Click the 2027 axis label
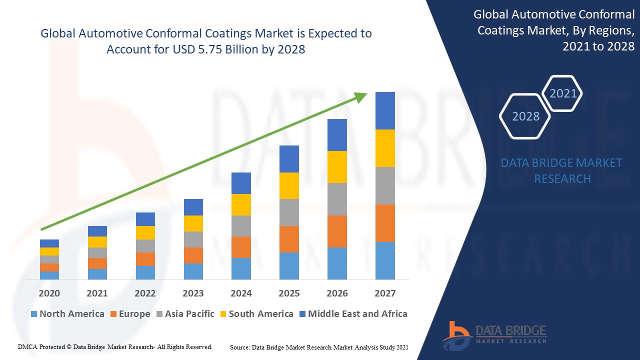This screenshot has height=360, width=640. pyautogui.click(x=385, y=293)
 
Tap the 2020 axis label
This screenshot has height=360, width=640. pyautogui.click(x=49, y=293)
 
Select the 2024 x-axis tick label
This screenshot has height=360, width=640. pyautogui.click(x=241, y=293)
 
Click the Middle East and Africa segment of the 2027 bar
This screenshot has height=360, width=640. pyautogui.click(x=385, y=110)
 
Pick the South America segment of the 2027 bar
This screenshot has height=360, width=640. pyautogui.click(x=385, y=148)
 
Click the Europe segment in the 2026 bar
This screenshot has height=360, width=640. pyautogui.click(x=337, y=231)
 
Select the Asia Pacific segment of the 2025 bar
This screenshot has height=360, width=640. pyautogui.click(x=289, y=212)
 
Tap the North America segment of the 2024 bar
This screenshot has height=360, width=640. pyautogui.click(x=241, y=268)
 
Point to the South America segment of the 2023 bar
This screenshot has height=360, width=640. pyautogui.click(x=193, y=223)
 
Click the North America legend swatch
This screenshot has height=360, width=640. pyautogui.click(x=34, y=314)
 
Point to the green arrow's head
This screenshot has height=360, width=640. pyautogui.click(x=361, y=96)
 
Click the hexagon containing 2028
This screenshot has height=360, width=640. pyautogui.click(x=525, y=116)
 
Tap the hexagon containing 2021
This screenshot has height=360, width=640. pyautogui.click(x=563, y=93)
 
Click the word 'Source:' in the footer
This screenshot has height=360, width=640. pyautogui.click(x=240, y=347)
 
